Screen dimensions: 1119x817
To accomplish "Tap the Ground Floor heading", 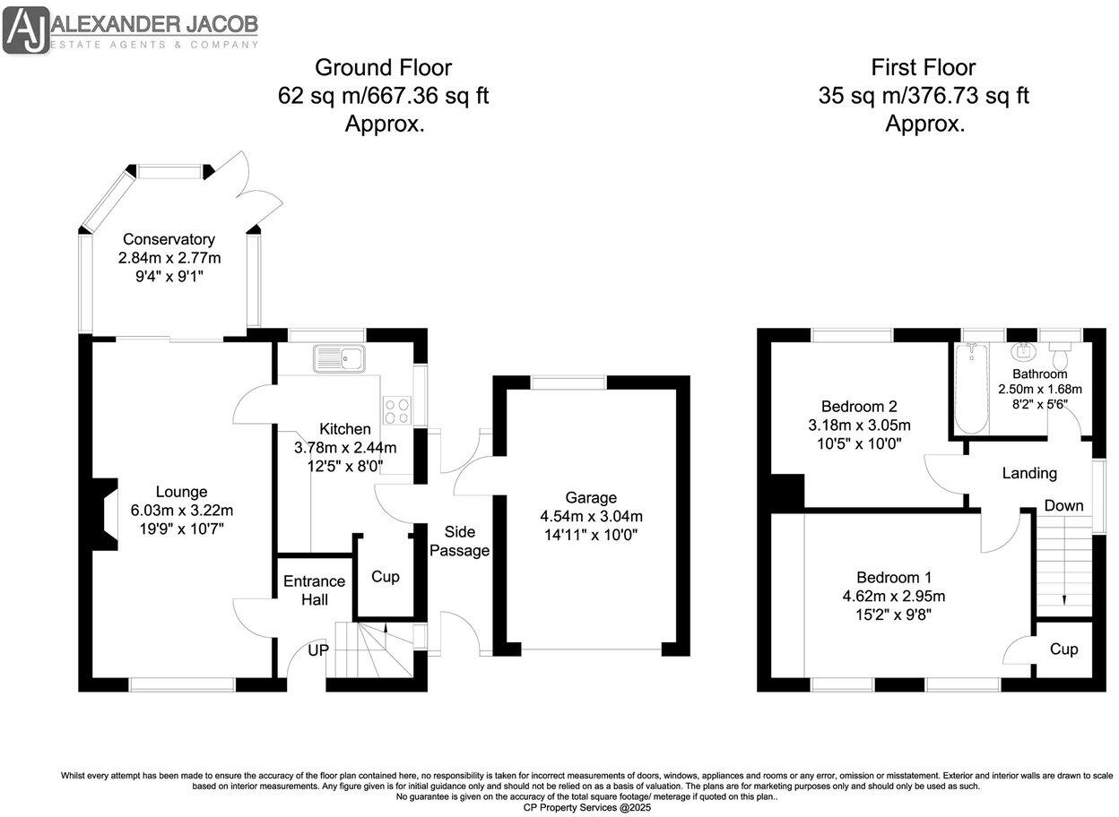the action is point(383,67).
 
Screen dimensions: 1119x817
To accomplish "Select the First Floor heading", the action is point(924,67).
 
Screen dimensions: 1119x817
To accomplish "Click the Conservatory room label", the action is point(169,239).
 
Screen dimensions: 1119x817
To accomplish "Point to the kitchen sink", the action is point(339,357).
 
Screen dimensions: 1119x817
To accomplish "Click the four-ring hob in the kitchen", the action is point(397,410).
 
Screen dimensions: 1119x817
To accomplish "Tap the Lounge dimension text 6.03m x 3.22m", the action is point(182,510).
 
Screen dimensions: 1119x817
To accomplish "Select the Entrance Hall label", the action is point(314,590).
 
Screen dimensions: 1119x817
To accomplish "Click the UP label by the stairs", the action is point(318,650).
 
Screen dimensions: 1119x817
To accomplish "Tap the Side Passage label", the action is point(460,541).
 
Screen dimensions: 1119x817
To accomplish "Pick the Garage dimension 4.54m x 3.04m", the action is point(591,516).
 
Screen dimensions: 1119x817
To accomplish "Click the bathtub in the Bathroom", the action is point(971,389).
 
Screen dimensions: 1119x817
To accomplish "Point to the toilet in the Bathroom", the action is point(1059,355).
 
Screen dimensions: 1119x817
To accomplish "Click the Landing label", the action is point(1029,473).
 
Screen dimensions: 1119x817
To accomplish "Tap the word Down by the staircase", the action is point(1063,505).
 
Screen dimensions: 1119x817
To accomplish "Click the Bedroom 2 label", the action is point(859,406).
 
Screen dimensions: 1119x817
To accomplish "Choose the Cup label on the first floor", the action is point(1063,649).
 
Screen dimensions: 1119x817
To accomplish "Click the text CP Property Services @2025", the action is point(587,807).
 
